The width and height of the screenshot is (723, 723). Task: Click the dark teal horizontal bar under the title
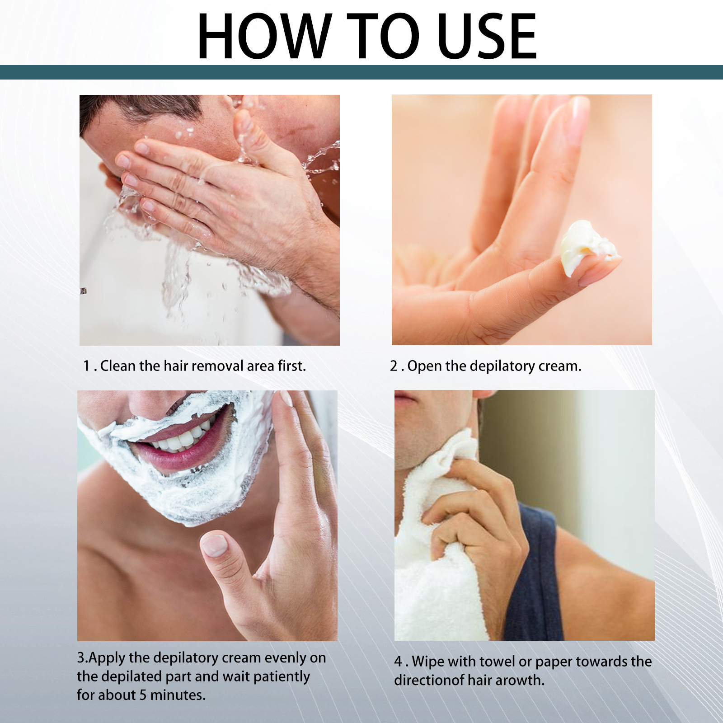361,72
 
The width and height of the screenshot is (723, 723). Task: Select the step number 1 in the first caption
86,366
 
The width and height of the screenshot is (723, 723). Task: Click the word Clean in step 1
118,366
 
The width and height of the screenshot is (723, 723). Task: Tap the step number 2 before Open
394,366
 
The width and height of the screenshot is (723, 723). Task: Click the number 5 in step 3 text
142,695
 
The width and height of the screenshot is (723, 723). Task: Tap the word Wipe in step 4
428,662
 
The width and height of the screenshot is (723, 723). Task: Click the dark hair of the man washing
149,106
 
